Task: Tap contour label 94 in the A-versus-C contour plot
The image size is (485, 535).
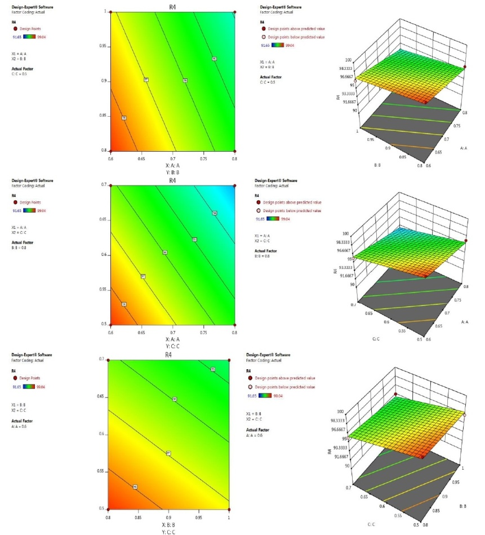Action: point(215,213)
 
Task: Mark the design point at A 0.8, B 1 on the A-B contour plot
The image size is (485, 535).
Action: point(234,11)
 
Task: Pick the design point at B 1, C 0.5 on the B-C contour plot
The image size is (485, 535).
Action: point(229,509)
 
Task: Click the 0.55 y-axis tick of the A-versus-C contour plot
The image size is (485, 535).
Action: point(105,289)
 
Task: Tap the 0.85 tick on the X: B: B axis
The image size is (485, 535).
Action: point(137,515)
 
